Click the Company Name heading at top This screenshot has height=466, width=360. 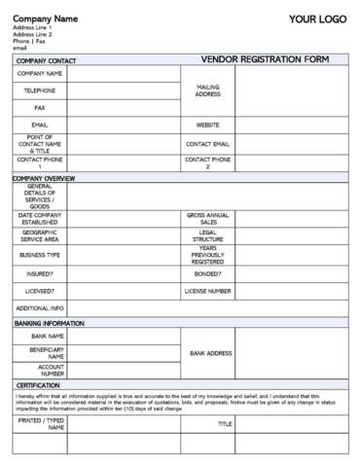pyautogui.click(x=45, y=18)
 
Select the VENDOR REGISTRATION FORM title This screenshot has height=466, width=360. pyautogui.click(x=266, y=59)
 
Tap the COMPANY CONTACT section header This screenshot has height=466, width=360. pyautogui.click(x=45, y=60)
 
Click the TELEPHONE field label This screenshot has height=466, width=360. pyautogui.click(x=40, y=90)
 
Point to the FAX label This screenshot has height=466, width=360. pyautogui.click(x=40, y=108)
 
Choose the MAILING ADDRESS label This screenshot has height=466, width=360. pyautogui.click(x=207, y=90)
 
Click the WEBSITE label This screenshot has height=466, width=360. pyautogui.click(x=207, y=125)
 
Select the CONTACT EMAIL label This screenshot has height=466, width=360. pyautogui.click(x=207, y=144)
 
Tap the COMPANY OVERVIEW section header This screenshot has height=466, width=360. pyautogui.click(x=44, y=179)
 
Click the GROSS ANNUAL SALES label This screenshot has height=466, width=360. pyautogui.click(x=207, y=218)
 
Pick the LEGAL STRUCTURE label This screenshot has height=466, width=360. pyautogui.click(x=207, y=235)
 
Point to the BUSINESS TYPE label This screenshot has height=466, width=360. pyautogui.click(x=40, y=255)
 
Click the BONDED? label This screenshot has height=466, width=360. pyautogui.click(x=207, y=273)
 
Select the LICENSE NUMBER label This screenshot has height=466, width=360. pyautogui.click(x=207, y=290)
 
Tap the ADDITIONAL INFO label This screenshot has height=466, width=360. pyautogui.click(x=40, y=307)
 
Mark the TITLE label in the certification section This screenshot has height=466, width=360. pyautogui.click(x=225, y=424)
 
